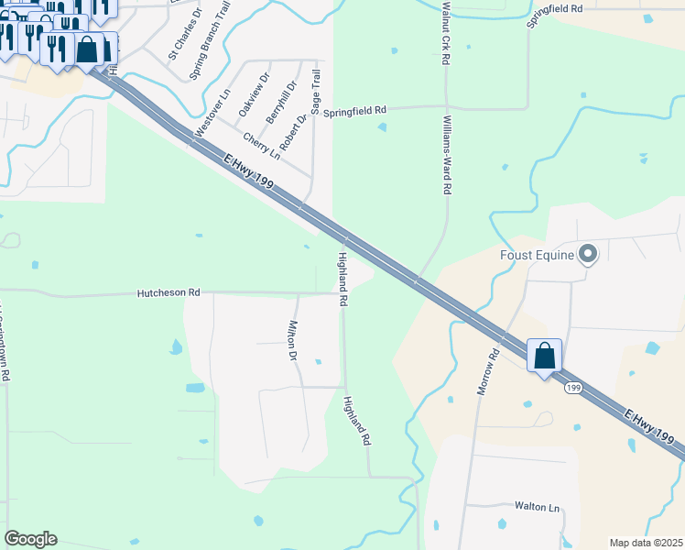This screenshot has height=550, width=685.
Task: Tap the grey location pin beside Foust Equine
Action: (588, 253)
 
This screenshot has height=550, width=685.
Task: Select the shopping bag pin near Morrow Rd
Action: (545, 356)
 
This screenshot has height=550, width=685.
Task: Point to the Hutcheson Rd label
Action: (169, 292)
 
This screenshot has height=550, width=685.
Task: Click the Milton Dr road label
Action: (294, 340)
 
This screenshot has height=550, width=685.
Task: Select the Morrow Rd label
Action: (487, 371)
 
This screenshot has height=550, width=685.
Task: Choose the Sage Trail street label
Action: (316, 92)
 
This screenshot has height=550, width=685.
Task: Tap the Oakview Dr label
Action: (254, 94)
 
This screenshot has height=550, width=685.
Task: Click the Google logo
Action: (30, 539)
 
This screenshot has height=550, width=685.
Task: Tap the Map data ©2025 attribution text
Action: (646, 543)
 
